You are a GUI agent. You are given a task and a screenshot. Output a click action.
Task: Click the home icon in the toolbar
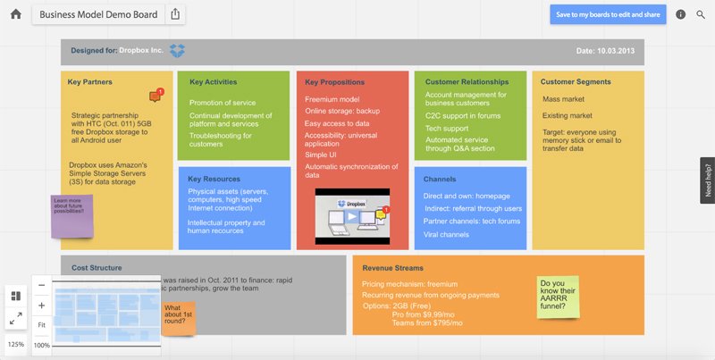(x=15, y=14)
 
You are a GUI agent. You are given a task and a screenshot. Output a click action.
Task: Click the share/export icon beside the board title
(x=175, y=14)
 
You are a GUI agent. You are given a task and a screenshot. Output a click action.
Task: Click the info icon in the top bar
(x=681, y=14)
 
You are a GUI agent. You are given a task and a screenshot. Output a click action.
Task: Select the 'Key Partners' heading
(x=89, y=82)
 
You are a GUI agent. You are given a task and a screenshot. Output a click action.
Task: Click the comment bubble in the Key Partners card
(x=156, y=96)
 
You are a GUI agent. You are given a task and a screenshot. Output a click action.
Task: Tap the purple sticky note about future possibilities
(x=71, y=215)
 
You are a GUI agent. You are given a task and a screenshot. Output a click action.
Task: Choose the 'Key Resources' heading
(x=214, y=179)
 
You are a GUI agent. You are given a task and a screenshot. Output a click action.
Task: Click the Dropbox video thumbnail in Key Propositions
(x=353, y=216)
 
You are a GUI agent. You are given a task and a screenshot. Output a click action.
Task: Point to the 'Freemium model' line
(x=333, y=99)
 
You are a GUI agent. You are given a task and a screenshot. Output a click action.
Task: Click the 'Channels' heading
(x=440, y=179)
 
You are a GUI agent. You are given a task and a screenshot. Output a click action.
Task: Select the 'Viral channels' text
(x=446, y=234)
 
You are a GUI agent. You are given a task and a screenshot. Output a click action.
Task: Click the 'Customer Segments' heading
(x=576, y=82)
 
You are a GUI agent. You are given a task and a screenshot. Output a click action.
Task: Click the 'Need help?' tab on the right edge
(x=707, y=180)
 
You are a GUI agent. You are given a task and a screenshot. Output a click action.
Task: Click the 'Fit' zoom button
(x=42, y=324)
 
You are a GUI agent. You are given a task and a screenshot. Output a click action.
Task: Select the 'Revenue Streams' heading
(x=392, y=268)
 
